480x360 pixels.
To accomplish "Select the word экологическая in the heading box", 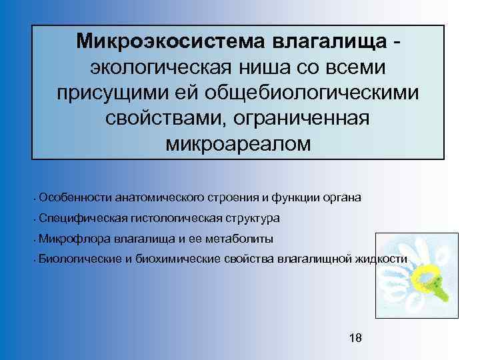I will tap(156, 67).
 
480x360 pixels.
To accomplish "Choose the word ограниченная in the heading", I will tap(300, 118).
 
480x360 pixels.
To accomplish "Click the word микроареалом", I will tap(237, 144).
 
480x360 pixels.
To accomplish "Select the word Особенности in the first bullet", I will tap(75, 197).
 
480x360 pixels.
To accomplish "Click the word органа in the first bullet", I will tap(343, 197).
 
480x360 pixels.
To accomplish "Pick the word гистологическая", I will tap(165, 218).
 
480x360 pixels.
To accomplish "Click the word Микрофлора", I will tap(75, 238).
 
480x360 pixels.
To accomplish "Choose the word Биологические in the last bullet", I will tap(80, 259).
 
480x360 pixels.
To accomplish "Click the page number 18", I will tap(355, 338).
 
